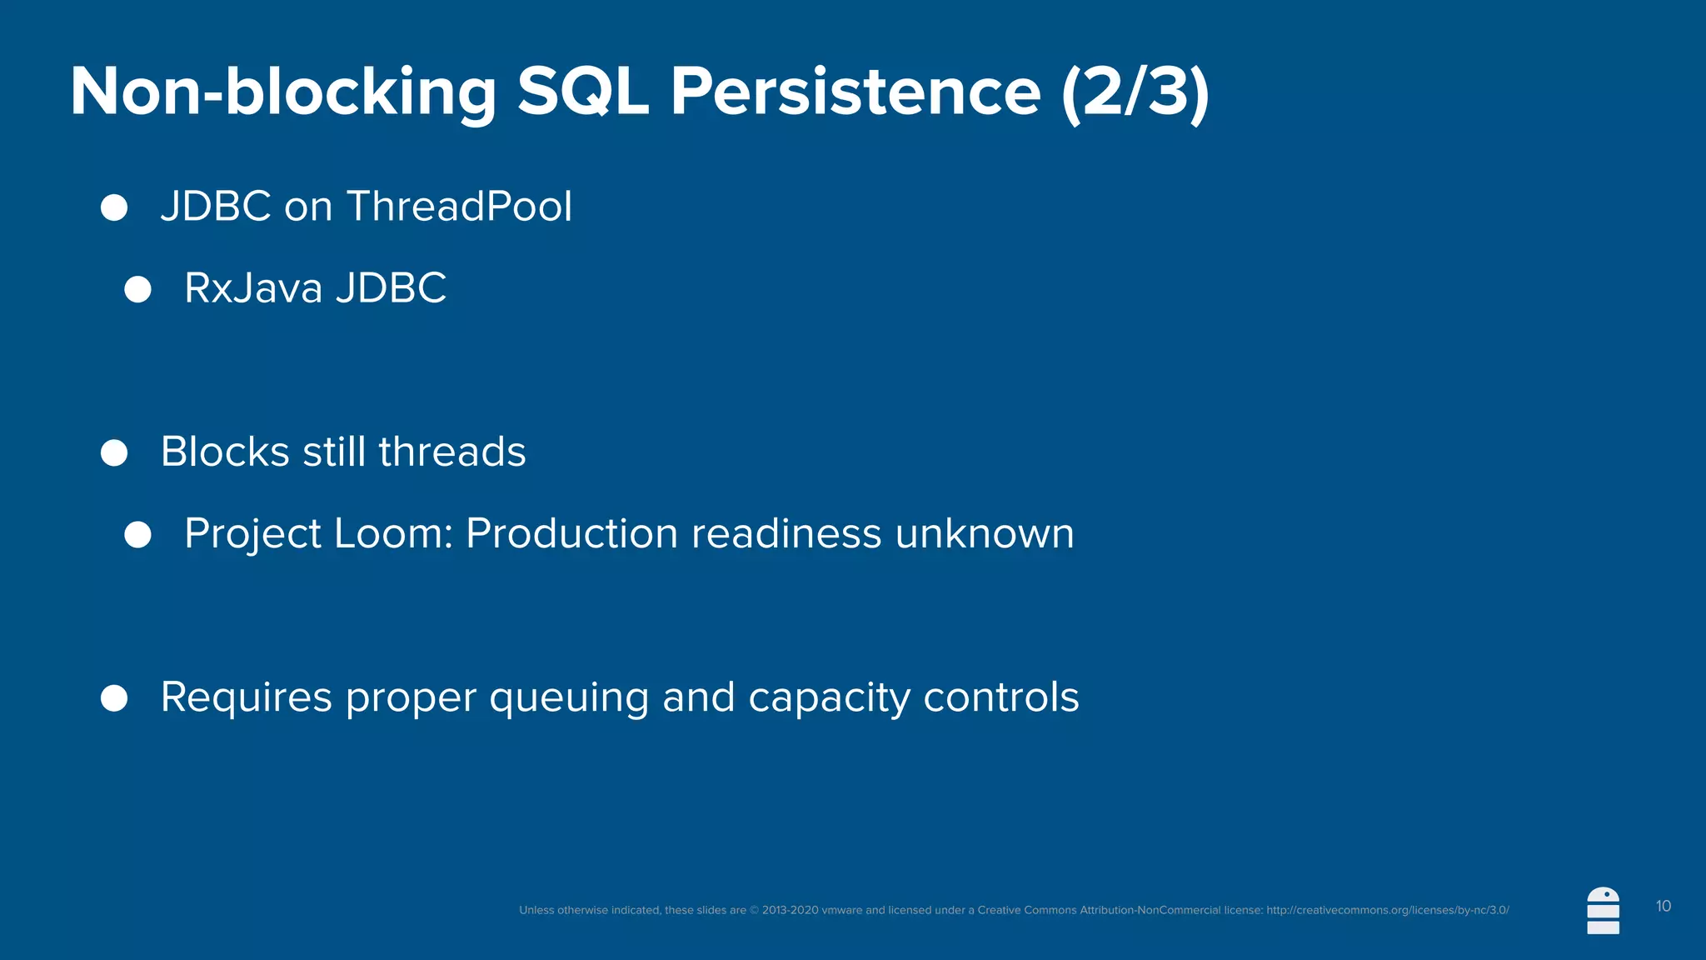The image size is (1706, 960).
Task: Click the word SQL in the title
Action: (582, 92)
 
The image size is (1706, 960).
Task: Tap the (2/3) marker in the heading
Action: (1135, 92)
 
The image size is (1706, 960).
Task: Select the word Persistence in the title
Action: (855, 92)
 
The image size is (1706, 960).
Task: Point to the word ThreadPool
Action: (459, 206)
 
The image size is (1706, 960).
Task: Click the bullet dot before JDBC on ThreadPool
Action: (114, 207)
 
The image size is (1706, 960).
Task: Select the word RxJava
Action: (253, 288)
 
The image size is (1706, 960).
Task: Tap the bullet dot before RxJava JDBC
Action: (137, 289)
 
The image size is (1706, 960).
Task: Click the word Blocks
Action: (225, 452)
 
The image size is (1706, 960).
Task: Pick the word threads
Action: (452, 452)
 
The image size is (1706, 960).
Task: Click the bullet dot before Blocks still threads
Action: (114, 453)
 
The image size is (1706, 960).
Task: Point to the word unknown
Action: (985, 533)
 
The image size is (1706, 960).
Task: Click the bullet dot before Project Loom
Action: (137, 534)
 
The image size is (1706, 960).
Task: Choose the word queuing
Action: (569, 698)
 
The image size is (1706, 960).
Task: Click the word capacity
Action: (829, 698)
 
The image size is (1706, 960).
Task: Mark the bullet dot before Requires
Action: (114, 698)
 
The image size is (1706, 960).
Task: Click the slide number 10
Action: (1664, 906)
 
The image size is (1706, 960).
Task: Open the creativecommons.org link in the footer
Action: (1387, 910)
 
